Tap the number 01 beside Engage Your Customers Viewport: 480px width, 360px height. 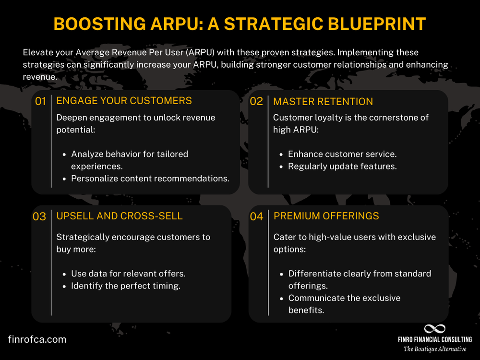tap(40, 101)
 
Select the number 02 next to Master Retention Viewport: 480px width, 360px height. tap(257, 102)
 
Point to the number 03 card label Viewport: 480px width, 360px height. tap(39, 216)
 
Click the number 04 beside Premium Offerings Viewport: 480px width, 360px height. tap(257, 216)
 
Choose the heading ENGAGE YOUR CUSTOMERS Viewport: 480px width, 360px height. tap(124, 101)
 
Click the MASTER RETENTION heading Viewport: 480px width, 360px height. tap(323, 101)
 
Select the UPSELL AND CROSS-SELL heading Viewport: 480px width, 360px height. tap(120, 216)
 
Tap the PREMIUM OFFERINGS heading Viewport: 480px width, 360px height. tap(326, 216)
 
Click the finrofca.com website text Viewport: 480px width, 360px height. tap(37, 339)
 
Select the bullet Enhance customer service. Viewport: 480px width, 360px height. tap(342, 154)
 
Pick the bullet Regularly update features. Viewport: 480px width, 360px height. tap(342, 167)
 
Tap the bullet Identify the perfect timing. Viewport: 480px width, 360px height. tap(125, 286)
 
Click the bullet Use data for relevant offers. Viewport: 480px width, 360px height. tap(128, 274)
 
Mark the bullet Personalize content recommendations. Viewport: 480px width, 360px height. tap(150, 179)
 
